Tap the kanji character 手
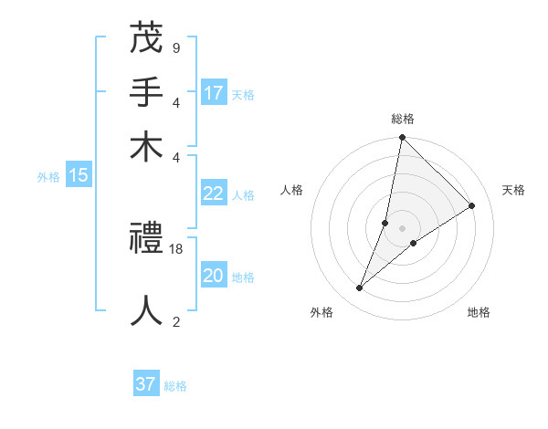146,93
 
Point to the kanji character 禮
146,242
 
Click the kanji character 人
146,309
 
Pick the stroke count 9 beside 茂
175,47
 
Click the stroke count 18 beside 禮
176,249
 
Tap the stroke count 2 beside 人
175,320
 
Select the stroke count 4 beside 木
175,156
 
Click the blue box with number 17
214,93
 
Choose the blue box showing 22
214,194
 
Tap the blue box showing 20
214,276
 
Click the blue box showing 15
78,175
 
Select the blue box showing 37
146,384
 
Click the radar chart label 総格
402,119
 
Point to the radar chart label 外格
321,313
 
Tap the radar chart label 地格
479,313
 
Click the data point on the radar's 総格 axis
402,138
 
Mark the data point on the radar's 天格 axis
472,206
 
